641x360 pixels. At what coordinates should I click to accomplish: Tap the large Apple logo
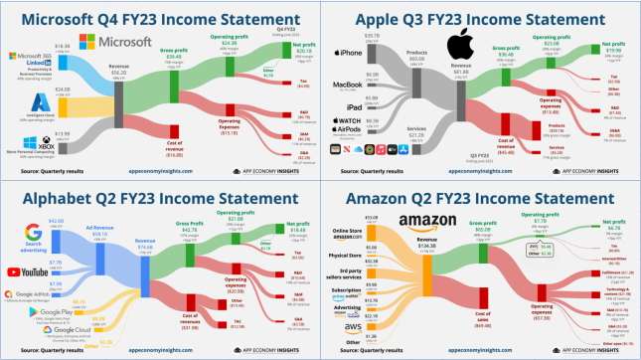pyautogui.click(x=457, y=46)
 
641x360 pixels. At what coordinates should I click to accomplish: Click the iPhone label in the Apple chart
pyautogui.click(x=350, y=53)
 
